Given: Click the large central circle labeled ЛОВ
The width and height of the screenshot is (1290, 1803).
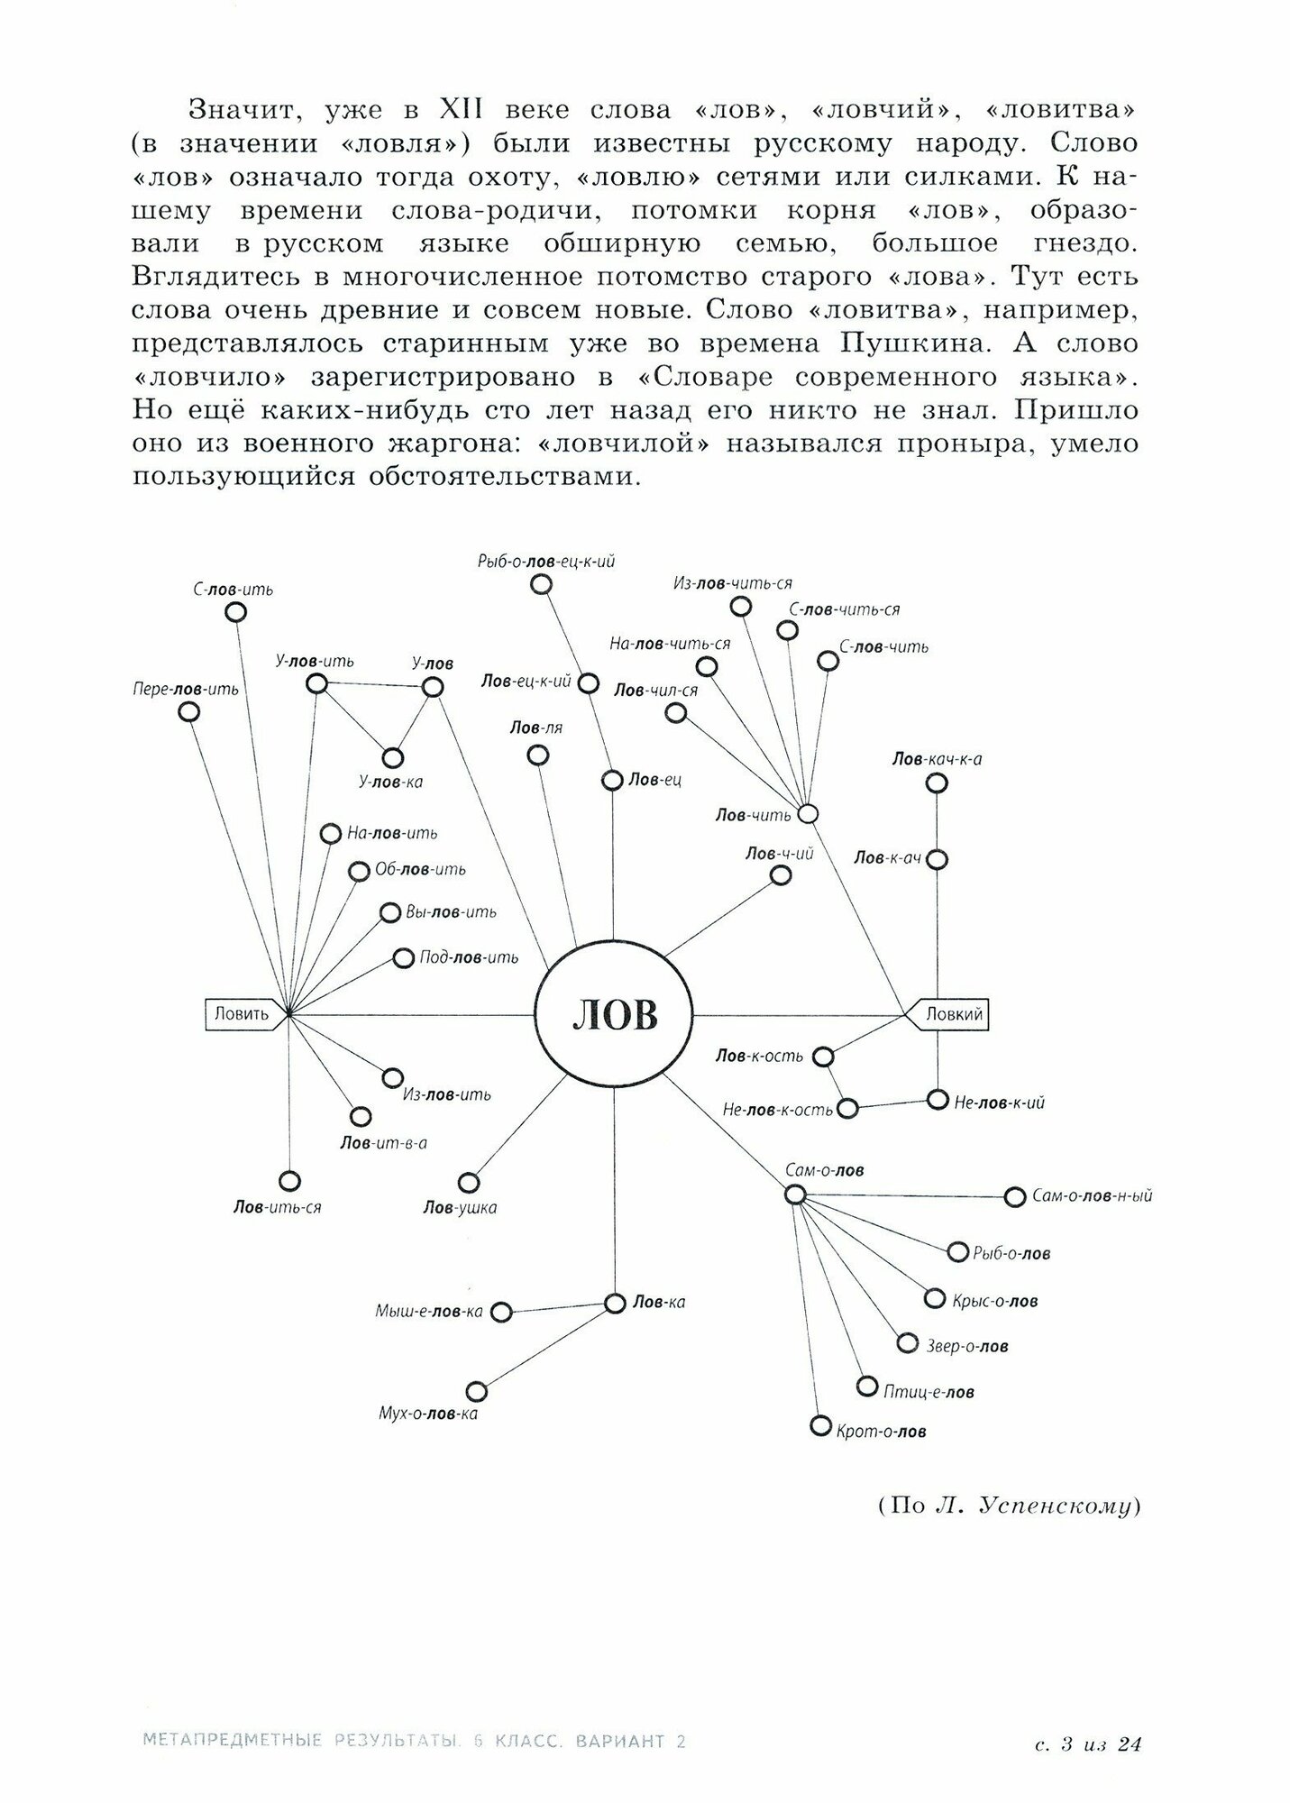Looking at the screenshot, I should (x=614, y=1015).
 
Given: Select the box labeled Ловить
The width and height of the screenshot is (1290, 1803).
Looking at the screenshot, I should (x=242, y=1014).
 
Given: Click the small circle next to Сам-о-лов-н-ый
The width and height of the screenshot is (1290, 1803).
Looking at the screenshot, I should (x=1015, y=1197).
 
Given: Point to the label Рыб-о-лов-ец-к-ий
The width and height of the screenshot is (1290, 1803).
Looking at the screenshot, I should (x=546, y=561).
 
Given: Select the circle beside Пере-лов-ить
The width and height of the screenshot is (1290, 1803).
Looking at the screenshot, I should (x=188, y=712).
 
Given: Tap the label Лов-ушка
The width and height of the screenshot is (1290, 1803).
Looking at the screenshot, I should (x=460, y=1208).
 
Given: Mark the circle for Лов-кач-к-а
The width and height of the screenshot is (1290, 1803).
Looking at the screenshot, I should (x=938, y=783).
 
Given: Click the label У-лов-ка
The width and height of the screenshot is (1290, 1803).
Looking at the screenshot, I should (x=390, y=783).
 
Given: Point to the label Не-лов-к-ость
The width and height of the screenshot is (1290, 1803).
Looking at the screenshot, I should (x=777, y=1110).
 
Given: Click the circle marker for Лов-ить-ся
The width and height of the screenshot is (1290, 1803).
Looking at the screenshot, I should (x=289, y=1181).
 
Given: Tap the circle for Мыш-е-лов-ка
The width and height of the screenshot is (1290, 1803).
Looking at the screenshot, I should (x=502, y=1312).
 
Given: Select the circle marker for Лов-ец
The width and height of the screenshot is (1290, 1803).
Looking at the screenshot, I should (x=613, y=780).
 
